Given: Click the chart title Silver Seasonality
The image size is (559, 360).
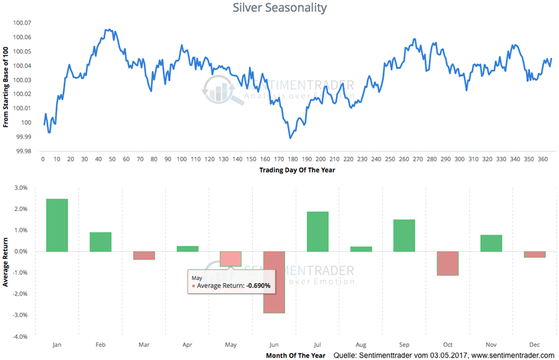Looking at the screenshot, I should [279, 8].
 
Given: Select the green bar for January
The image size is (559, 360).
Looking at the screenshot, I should [57, 225].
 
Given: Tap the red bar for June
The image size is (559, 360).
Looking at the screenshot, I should [274, 282].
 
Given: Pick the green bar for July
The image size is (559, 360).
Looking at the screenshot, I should [317, 232].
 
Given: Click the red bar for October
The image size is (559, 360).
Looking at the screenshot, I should [447, 263].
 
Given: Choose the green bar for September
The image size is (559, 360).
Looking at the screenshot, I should [404, 235].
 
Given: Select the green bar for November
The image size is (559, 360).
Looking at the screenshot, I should [491, 243].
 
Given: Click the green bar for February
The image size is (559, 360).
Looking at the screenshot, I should [101, 242].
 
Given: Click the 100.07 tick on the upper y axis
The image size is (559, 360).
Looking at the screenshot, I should [21, 23].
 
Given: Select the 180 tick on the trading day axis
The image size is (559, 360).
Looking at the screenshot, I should [293, 159].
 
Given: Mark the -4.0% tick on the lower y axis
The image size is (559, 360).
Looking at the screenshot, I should [20, 336].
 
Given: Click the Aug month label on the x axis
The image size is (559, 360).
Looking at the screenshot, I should [361, 343].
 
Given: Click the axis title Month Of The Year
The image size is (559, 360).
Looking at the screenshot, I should [296, 355].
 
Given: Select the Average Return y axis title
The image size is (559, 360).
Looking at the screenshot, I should [6, 262].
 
